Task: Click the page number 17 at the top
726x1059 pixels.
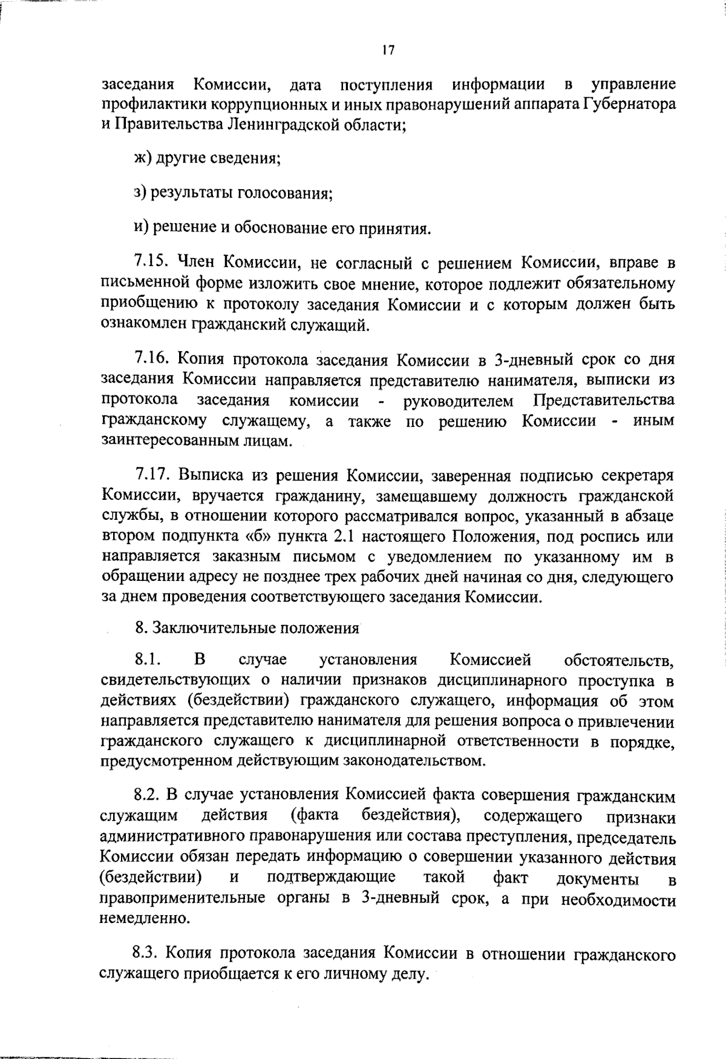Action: coord(388,51)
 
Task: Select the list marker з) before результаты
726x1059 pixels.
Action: coord(140,193)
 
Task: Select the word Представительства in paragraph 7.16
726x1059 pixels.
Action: coord(604,401)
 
